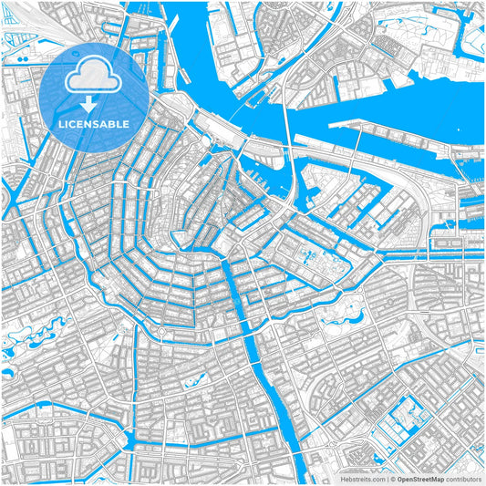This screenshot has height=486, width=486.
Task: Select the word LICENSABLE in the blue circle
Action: (94, 123)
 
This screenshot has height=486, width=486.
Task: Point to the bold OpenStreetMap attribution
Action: (420, 478)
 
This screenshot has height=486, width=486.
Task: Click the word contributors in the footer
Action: (463, 478)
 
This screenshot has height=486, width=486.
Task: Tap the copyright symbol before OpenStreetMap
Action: (392, 478)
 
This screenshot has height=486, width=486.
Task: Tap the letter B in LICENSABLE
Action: (114, 123)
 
